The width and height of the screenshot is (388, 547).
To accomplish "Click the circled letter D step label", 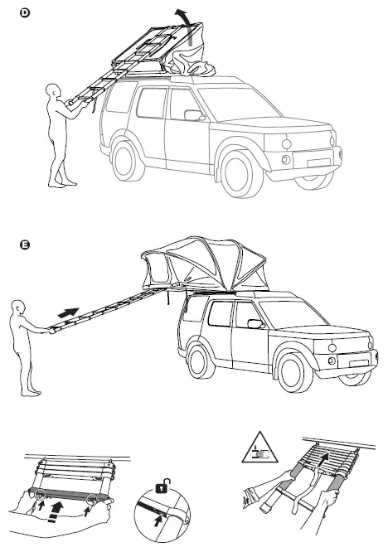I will pyautogui.click(x=25, y=12).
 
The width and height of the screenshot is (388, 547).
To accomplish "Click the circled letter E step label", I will pyautogui.click(x=25, y=244).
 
